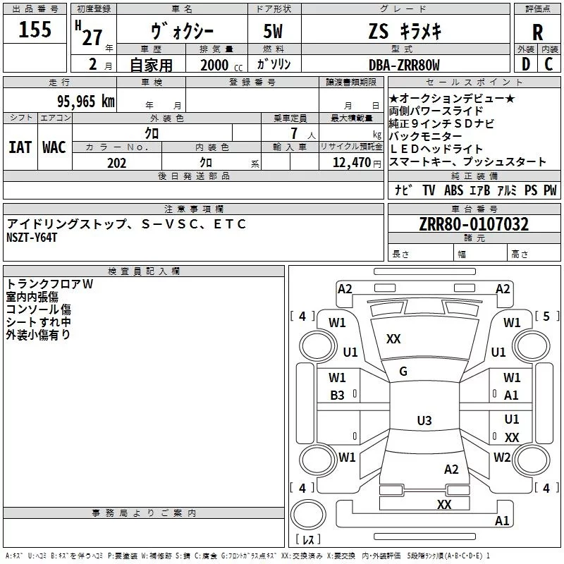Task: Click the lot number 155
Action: point(35,30)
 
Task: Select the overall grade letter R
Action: point(537,32)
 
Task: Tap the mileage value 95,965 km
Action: point(86,101)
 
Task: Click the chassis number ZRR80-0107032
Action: point(474,224)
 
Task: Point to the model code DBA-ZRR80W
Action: point(404,66)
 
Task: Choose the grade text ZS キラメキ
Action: point(404,31)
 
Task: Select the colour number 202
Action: point(116,163)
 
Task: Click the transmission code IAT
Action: point(20,147)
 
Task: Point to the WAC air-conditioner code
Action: point(54,147)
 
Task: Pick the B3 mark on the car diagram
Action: point(338,396)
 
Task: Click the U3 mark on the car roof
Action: point(424,421)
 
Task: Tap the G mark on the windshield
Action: point(403,372)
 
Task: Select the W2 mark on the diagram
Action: point(502,457)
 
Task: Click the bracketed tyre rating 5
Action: point(546,316)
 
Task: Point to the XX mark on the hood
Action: point(393,339)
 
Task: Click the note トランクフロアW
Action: point(49,284)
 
